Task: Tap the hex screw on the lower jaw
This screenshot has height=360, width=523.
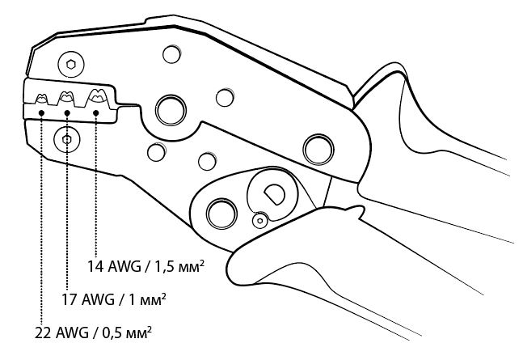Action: coord(66,139)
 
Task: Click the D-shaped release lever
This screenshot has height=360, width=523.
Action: coord(272,193)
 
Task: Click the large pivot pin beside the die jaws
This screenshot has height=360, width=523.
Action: coord(171,108)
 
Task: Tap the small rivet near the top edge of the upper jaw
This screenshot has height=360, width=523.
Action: coord(171,55)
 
